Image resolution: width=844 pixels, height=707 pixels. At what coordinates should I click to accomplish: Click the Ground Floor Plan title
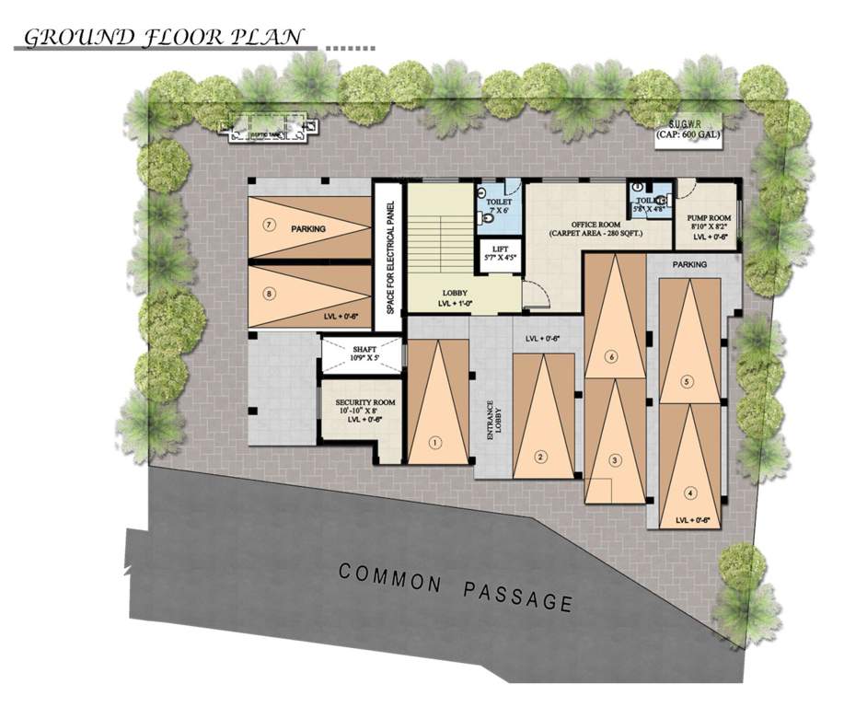[163, 38]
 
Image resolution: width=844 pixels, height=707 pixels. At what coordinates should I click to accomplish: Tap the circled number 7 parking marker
[270, 224]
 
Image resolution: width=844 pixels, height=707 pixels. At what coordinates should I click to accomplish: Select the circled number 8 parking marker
[270, 295]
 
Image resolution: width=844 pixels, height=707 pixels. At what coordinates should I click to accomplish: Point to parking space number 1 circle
[436, 442]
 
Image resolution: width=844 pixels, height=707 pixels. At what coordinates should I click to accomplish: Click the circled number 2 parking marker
[541, 455]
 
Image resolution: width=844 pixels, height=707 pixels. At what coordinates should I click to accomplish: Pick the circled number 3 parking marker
[616, 459]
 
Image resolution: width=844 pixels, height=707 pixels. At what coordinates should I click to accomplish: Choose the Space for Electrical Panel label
[391, 258]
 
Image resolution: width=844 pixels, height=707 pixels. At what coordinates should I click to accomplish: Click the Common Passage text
[456, 586]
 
